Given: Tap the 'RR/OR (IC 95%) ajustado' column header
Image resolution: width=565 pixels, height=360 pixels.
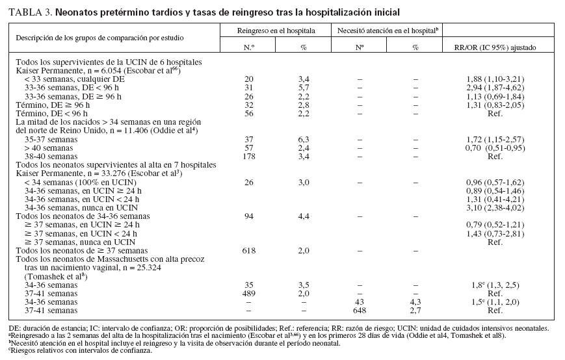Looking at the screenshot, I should (x=499, y=47).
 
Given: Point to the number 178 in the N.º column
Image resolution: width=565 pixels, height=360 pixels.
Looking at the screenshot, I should (x=249, y=157).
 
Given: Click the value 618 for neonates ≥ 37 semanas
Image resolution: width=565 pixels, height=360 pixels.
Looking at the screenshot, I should (x=249, y=250).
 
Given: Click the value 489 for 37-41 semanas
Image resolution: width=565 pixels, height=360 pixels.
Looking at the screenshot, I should (x=249, y=292).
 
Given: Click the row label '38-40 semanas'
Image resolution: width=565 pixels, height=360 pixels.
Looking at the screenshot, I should (x=48, y=157).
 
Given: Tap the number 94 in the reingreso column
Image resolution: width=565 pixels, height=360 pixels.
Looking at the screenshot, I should (x=249, y=216).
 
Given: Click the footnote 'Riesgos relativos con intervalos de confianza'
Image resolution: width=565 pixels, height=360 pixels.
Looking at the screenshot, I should (x=81, y=350).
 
